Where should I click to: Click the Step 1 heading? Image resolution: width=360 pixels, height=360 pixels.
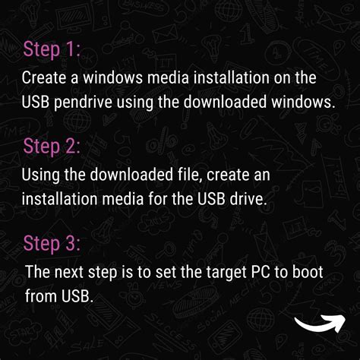pos(52,49)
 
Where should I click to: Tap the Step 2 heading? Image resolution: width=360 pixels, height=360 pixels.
pos(52,147)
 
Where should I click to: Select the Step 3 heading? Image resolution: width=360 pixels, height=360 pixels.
pos(52,244)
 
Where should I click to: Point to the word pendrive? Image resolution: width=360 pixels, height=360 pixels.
pos(83,103)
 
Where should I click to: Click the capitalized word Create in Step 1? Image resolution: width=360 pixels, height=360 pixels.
pos(44,77)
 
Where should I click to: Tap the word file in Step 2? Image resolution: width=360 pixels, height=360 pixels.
pos(187,175)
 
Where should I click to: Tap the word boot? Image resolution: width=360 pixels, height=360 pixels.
pos(308,272)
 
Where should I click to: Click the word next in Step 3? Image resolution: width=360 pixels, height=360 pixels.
pos(68,272)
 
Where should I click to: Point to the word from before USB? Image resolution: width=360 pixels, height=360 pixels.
pos(41,295)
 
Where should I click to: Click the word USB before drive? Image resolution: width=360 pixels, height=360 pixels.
pos(211,199)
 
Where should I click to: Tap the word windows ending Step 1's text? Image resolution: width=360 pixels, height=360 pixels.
pos(302,102)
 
